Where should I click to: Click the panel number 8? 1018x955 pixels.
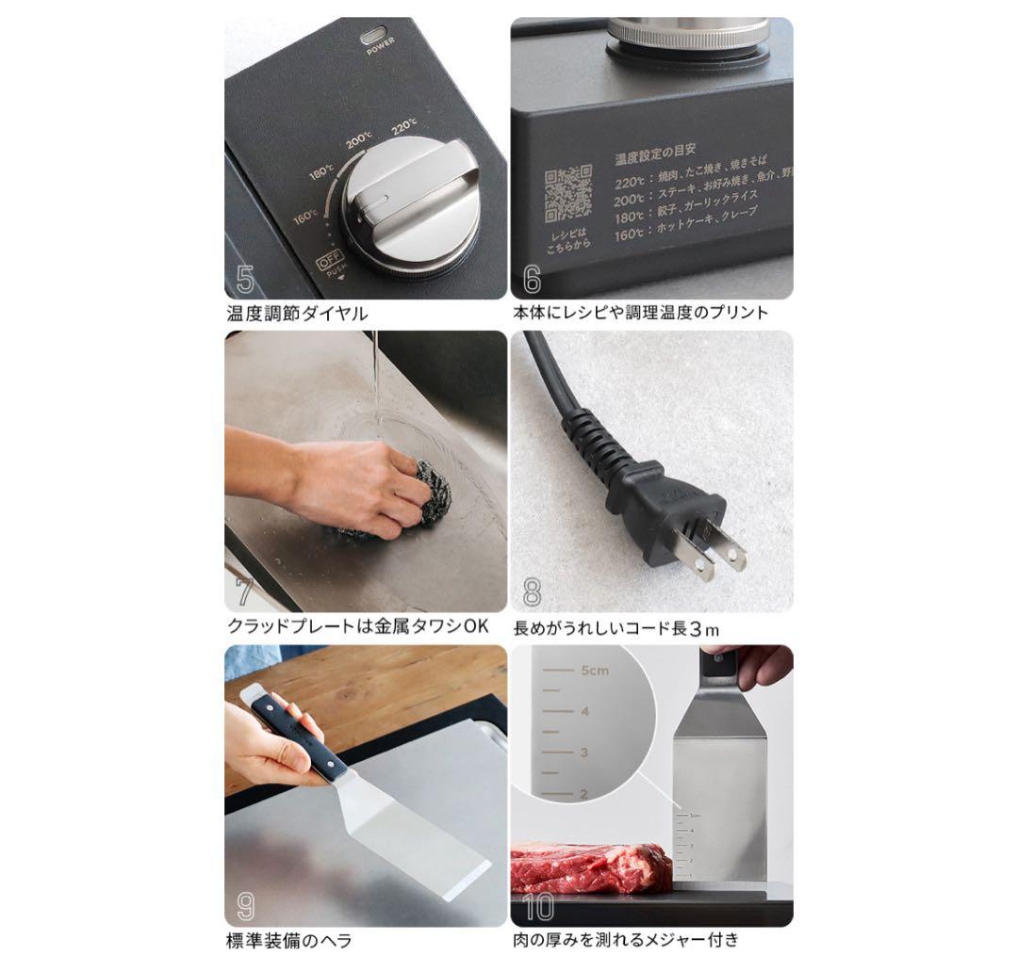[x=533, y=592]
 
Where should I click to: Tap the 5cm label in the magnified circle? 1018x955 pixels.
[x=596, y=671]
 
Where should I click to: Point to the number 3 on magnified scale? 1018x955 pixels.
[x=584, y=753]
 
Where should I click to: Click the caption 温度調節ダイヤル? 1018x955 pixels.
[x=297, y=313]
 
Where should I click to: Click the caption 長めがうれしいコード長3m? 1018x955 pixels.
[x=616, y=628]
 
